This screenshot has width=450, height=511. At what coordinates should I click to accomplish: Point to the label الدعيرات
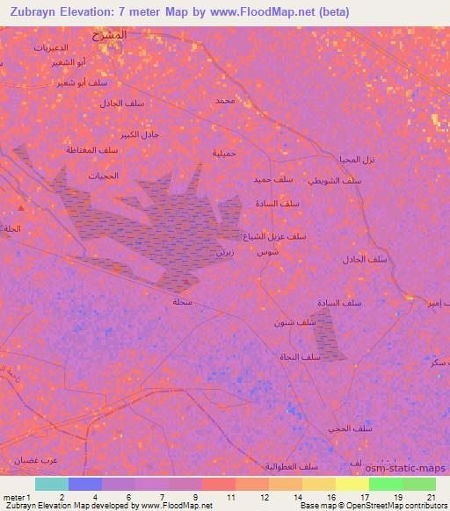pyautogui.click(x=52, y=47)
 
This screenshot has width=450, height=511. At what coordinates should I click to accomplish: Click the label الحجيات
pyautogui.click(x=102, y=176)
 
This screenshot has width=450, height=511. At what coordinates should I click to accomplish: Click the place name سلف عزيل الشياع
pyautogui.click(x=275, y=236)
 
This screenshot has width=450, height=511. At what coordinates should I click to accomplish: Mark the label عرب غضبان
pyautogui.click(x=36, y=459)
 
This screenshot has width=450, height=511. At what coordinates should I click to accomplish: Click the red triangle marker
pyautogui.click(x=21, y=208)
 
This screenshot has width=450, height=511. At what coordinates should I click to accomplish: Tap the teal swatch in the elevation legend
pyautogui.click(x=52, y=484)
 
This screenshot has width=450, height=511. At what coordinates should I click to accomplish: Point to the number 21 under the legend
pyautogui.click(x=432, y=497)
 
